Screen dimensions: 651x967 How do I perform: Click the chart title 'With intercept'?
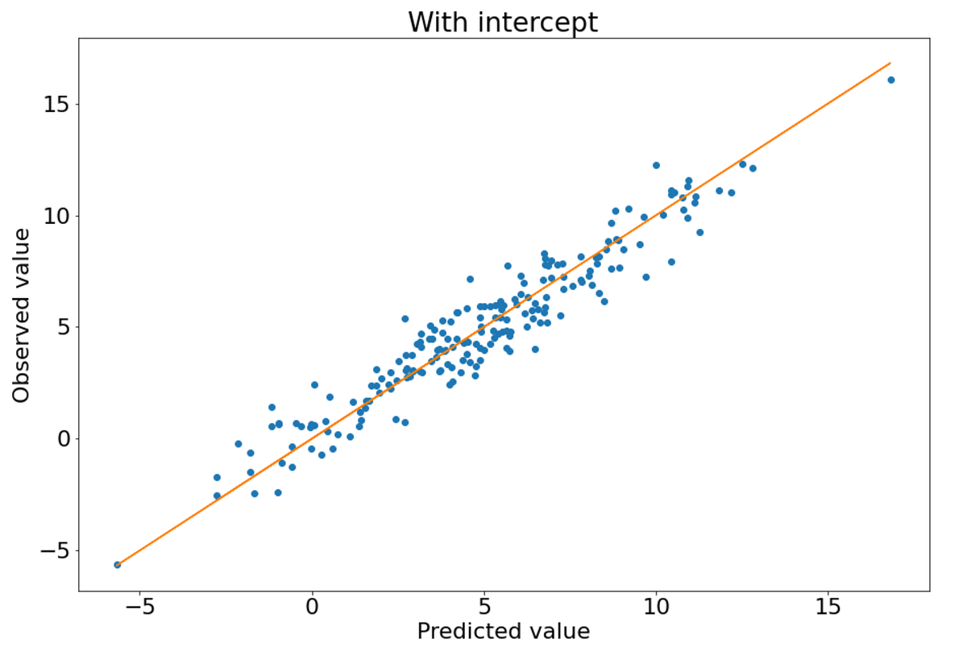pyautogui.click(x=503, y=22)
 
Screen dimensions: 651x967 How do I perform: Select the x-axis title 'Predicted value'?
pyautogui.click(x=503, y=631)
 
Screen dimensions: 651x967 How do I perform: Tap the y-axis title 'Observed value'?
pyautogui.click(x=21, y=315)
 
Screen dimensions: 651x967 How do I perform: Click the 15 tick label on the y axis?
pyautogui.click(x=58, y=105)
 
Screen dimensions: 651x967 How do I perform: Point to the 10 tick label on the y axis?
pyautogui.click(x=58, y=216)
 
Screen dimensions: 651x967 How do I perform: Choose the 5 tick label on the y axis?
pyautogui.click(x=64, y=327)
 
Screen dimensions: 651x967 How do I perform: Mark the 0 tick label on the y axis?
pyautogui.click(x=64, y=439)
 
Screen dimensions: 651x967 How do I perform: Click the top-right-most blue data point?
pyautogui.click(x=890, y=80)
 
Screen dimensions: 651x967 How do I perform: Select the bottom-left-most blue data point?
pyautogui.click(x=117, y=565)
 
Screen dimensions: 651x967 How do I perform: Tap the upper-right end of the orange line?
pyautogui.click(x=890, y=63)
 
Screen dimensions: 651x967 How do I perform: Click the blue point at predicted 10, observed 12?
pyautogui.click(x=656, y=165)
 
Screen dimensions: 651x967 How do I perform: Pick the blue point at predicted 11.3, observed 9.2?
pyautogui.click(x=699, y=232)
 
